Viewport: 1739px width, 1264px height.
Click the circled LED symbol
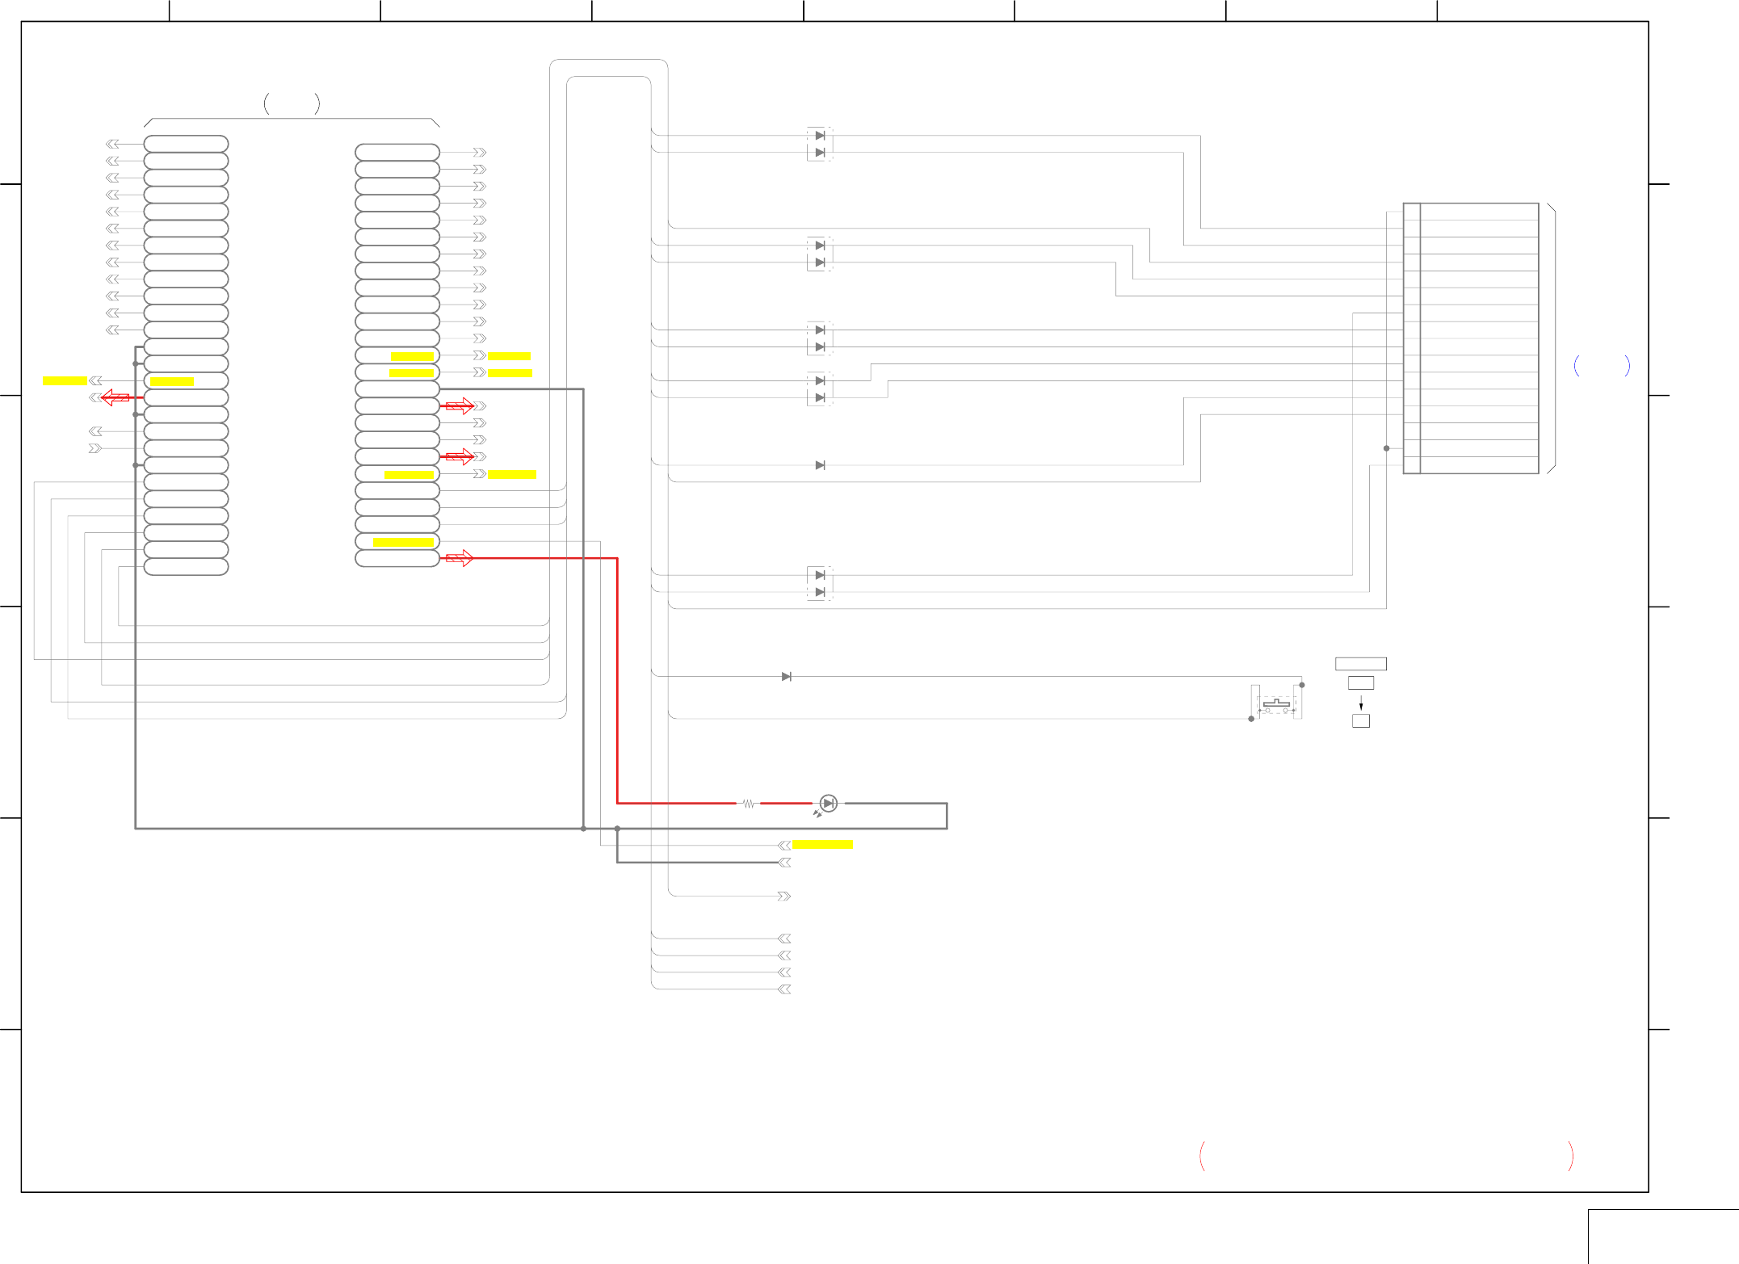click(x=828, y=803)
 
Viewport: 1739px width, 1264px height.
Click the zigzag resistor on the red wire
click(x=749, y=804)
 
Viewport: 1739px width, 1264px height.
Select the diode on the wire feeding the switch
click(x=786, y=677)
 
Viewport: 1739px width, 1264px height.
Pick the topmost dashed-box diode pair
click(x=820, y=144)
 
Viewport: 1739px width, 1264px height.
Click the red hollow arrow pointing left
click(x=115, y=397)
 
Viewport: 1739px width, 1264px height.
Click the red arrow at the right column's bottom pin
click(x=459, y=558)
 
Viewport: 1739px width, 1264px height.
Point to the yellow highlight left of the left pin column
click(x=65, y=380)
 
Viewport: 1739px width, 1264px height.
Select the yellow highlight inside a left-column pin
click(x=171, y=381)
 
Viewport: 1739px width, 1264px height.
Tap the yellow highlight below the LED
click(x=822, y=845)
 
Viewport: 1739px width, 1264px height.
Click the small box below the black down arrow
click(x=1360, y=721)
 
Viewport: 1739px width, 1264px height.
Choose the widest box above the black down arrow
click(x=1360, y=664)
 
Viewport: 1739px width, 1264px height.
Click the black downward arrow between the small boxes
click(x=1360, y=703)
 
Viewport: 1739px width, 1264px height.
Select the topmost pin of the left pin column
click(x=186, y=144)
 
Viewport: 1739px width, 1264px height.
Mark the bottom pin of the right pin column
click(x=397, y=558)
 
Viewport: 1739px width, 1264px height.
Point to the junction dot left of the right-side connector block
click(x=1386, y=448)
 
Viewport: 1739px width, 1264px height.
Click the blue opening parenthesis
click(x=1577, y=366)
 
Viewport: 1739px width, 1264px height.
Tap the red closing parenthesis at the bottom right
click(x=1570, y=1156)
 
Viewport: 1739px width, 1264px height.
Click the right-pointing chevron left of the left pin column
click(x=95, y=448)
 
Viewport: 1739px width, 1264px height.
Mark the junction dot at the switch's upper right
click(x=1301, y=685)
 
